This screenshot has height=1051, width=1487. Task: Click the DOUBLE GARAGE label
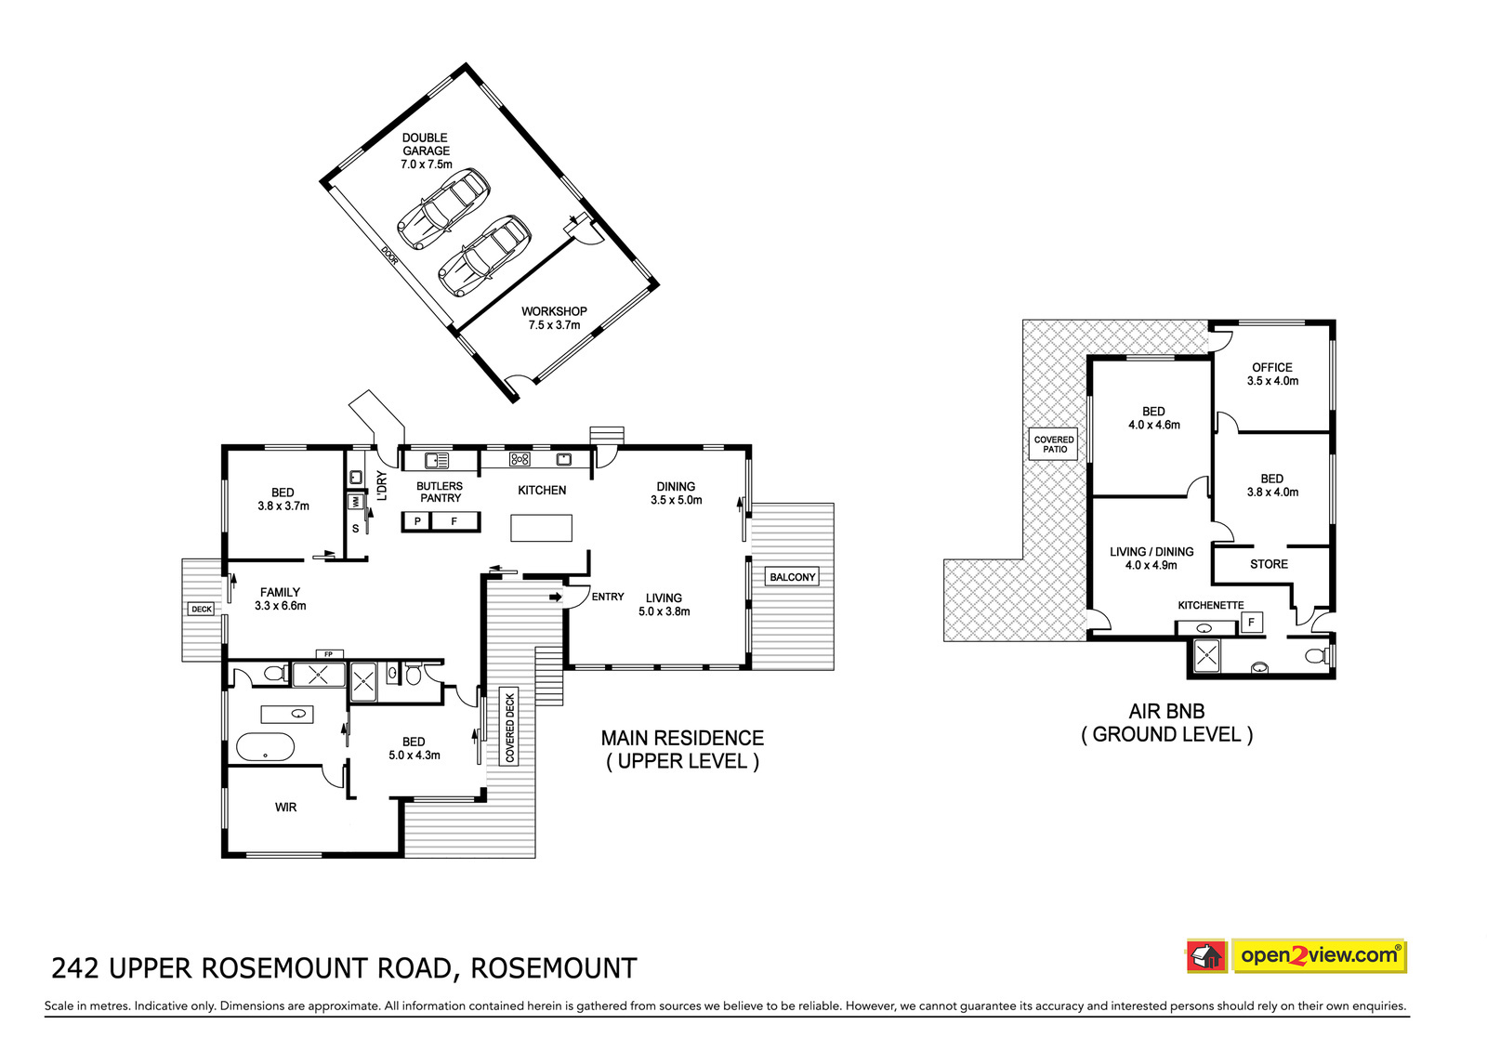426,145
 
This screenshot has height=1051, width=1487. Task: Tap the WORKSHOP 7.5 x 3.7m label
554,318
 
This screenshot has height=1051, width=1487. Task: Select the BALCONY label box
792,577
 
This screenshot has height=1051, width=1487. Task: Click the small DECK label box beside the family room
202,609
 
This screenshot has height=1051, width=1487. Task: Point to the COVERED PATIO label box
1054,444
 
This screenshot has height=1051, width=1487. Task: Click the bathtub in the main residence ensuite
266,747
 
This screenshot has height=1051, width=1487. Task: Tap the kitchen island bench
541,528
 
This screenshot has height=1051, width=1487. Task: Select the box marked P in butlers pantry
418,521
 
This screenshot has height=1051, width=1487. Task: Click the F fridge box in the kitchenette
1251,623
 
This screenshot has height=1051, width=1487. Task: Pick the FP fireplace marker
328,654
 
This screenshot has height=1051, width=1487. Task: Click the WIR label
285,808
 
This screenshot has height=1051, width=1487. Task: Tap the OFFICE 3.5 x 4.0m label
1272,374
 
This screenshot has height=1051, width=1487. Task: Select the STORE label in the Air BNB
1269,564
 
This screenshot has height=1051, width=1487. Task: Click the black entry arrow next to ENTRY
556,597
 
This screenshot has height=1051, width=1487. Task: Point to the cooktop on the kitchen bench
520,459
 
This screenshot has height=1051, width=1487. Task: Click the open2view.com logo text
1319,955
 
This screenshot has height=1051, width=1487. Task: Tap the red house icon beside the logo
1206,956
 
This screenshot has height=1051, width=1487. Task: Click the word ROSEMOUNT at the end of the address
554,968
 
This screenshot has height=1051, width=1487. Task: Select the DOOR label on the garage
389,256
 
